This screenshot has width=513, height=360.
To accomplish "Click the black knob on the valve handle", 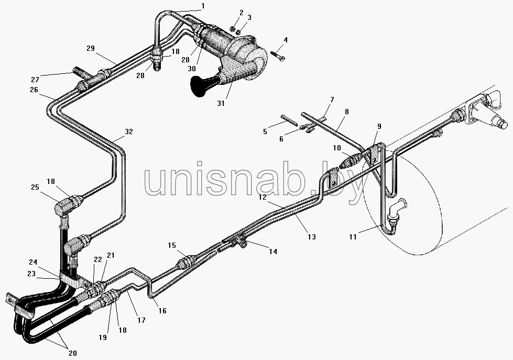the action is (x=200, y=86).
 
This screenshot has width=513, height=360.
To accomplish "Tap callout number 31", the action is (x=221, y=103).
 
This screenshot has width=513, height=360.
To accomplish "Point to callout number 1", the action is (x=203, y=6).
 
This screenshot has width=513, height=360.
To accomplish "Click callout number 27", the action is (x=35, y=79).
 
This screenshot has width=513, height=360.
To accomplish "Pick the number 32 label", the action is (x=129, y=132).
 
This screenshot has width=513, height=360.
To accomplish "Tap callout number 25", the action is (x=35, y=187).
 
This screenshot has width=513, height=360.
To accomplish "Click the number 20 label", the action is (x=73, y=353).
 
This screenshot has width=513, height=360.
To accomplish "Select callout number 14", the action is (x=273, y=252).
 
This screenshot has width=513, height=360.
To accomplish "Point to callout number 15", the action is (x=172, y=245).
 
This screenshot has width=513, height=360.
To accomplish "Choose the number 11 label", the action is (x=353, y=236).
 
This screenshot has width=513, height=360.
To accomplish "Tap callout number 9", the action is (x=379, y=126).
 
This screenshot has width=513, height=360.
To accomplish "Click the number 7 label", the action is (x=332, y=100).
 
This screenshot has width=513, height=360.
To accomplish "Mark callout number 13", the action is (x=312, y=236).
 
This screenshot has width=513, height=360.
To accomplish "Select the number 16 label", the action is (x=162, y=311).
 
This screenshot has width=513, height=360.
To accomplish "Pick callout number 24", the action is (x=32, y=262).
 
